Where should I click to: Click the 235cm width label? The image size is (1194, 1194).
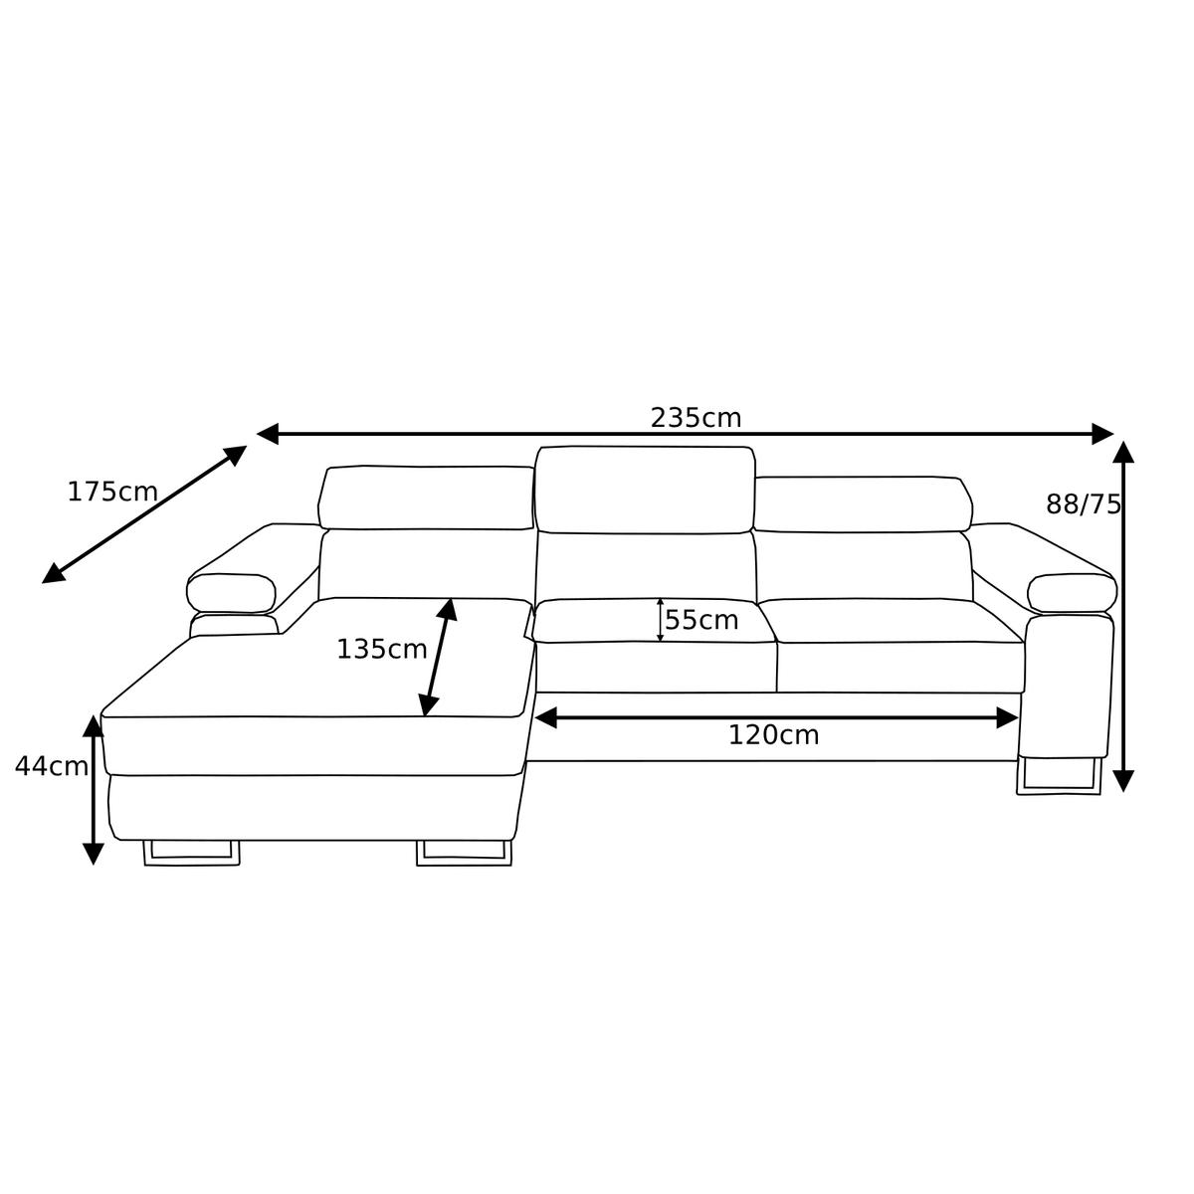point(696,418)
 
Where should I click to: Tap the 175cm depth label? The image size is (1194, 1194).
point(111,492)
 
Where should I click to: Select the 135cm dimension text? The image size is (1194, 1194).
point(381,650)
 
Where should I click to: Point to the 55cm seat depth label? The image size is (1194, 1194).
point(701,621)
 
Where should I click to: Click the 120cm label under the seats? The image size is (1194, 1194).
point(773,735)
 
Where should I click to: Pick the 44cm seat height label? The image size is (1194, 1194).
point(51,766)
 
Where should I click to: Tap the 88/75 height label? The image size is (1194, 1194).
point(1083,504)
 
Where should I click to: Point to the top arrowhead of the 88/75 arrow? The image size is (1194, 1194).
point(1123,453)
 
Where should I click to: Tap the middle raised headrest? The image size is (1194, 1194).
point(645,490)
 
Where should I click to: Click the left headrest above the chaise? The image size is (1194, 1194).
point(426,497)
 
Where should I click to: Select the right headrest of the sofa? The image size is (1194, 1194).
point(862,504)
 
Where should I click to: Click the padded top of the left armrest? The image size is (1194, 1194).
point(231,593)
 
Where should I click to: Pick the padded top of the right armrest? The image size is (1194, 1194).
point(1072,594)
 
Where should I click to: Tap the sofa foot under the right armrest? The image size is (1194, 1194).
point(1059,777)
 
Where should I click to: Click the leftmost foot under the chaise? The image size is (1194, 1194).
point(192,853)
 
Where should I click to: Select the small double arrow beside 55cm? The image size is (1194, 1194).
point(660,620)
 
